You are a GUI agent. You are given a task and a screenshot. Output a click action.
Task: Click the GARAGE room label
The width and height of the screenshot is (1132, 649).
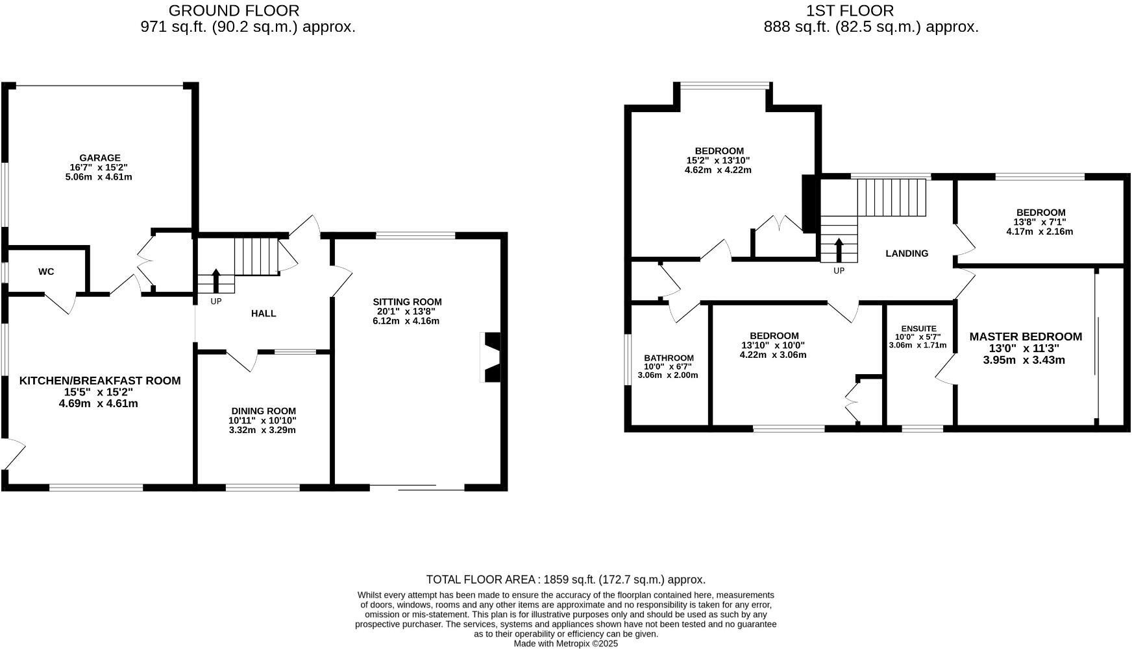tap(99, 158)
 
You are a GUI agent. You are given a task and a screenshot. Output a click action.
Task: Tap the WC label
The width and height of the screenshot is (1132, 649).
tap(46, 272)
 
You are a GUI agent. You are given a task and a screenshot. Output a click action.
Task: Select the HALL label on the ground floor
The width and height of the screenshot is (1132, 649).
tap(264, 314)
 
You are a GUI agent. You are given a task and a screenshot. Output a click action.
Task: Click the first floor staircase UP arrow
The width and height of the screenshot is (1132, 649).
tap(839, 250)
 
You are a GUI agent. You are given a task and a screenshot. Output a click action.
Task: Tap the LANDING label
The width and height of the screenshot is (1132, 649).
tap(907, 254)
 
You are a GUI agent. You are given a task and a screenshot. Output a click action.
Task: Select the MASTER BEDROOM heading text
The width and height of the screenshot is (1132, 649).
tap(1026, 336)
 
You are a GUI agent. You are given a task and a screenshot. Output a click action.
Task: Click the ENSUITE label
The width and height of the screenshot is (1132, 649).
tap(918, 329)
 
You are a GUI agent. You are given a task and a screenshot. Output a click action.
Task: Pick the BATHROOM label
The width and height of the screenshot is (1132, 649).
tap(669, 358)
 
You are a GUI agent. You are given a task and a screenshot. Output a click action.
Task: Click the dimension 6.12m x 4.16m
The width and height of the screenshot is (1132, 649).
tap(406, 321)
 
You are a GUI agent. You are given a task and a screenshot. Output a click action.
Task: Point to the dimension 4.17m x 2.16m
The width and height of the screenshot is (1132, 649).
tap(1040, 231)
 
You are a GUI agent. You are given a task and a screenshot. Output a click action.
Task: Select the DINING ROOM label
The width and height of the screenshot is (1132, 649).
tap(264, 411)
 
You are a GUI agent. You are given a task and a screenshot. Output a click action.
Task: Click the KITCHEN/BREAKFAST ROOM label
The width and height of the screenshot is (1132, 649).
tap(100, 381)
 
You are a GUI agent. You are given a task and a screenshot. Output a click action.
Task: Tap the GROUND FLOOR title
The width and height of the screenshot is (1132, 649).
tap(234, 10)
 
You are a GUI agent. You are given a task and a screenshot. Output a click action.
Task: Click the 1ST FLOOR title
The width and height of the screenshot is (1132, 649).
tap(850, 10)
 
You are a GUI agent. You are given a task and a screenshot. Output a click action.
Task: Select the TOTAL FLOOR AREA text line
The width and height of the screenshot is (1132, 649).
tap(565, 580)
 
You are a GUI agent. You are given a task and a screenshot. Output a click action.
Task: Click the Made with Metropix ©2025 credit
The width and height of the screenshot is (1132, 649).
tap(565, 644)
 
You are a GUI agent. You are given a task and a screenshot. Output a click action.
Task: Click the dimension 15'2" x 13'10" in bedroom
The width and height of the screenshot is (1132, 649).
tap(718, 161)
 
